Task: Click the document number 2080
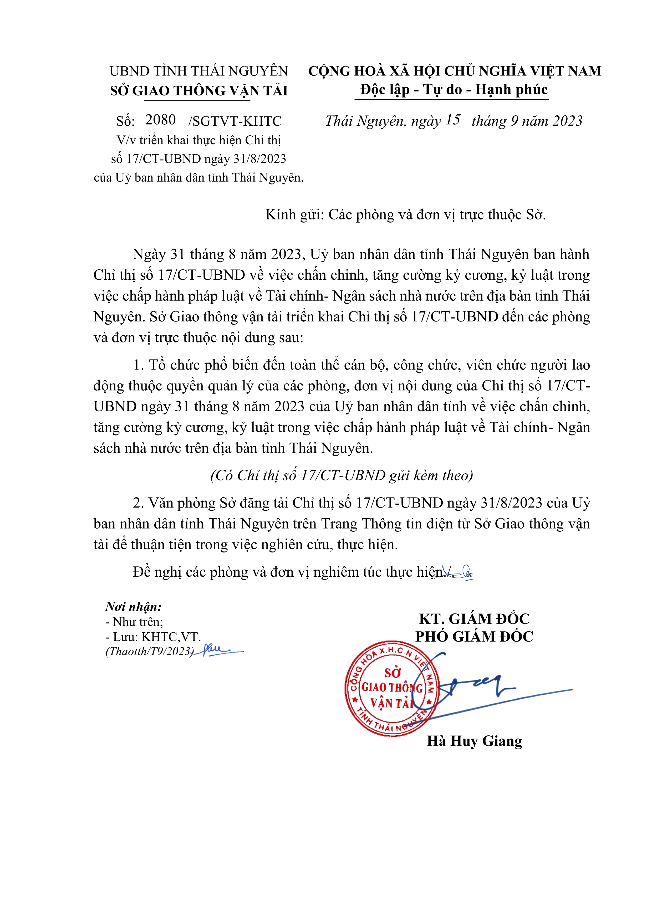[160, 120]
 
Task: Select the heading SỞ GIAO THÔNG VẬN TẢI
[199, 91]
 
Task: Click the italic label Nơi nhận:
[133, 606]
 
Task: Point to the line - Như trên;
[134, 622]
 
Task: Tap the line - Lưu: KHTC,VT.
[153, 637]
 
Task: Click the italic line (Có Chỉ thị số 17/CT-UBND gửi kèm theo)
[342, 475]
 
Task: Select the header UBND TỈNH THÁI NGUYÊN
[199, 71]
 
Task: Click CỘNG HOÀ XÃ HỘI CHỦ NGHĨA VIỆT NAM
[454, 71]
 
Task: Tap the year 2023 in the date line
[567, 121]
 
